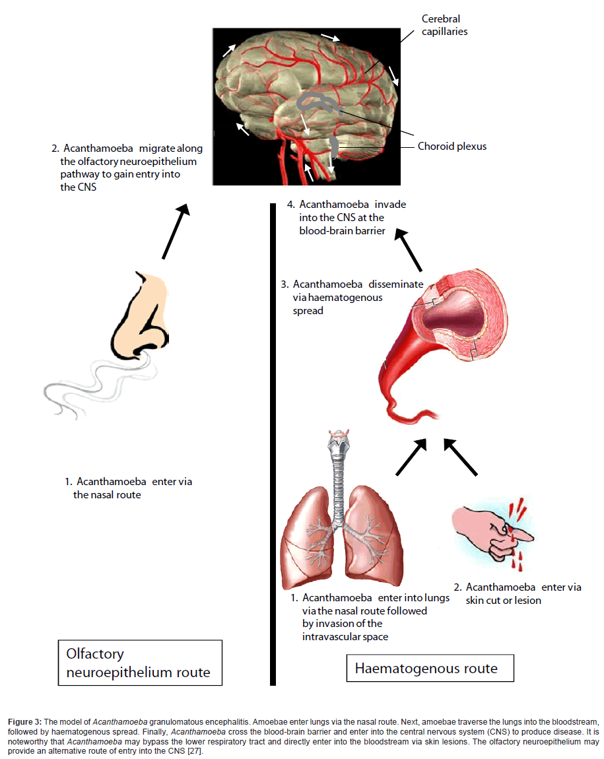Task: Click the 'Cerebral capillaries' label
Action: tap(444, 25)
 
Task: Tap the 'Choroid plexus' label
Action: tap(452, 146)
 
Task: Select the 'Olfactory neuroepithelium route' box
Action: tap(139, 663)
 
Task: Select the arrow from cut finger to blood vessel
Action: tap(460, 457)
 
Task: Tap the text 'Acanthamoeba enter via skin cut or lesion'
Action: tap(517, 593)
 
